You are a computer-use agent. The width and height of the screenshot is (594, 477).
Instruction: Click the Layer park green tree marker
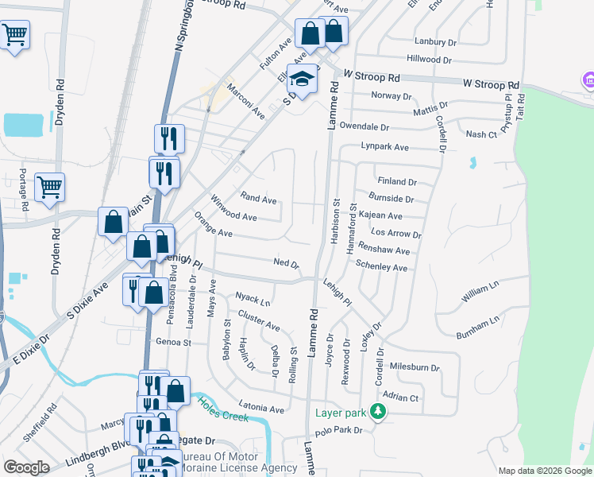(x=380, y=413)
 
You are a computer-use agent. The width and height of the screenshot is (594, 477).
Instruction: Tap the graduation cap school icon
(x=303, y=79)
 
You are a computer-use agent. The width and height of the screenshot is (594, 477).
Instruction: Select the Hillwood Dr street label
(x=429, y=60)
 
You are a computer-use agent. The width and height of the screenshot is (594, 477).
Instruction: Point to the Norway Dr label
(x=392, y=96)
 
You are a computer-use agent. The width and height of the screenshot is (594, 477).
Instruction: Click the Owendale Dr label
(x=364, y=126)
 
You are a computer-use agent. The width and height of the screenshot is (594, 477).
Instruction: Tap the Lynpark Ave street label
(x=384, y=147)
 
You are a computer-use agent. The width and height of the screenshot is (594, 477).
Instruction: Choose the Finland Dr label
(x=397, y=182)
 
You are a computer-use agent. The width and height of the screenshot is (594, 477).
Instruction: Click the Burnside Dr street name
(x=391, y=199)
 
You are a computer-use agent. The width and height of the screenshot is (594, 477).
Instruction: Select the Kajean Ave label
(x=380, y=215)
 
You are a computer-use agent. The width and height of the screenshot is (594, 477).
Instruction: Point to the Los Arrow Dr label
(x=395, y=234)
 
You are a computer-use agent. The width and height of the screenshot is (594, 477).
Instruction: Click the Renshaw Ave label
(x=384, y=250)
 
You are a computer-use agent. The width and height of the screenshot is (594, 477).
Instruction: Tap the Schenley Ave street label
(x=381, y=267)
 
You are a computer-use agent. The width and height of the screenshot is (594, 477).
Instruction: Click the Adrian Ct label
(x=400, y=397)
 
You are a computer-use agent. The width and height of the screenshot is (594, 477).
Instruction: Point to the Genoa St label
(x=174, y=343)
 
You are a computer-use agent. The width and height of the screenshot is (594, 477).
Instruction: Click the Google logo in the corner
(x=26, y=467)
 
